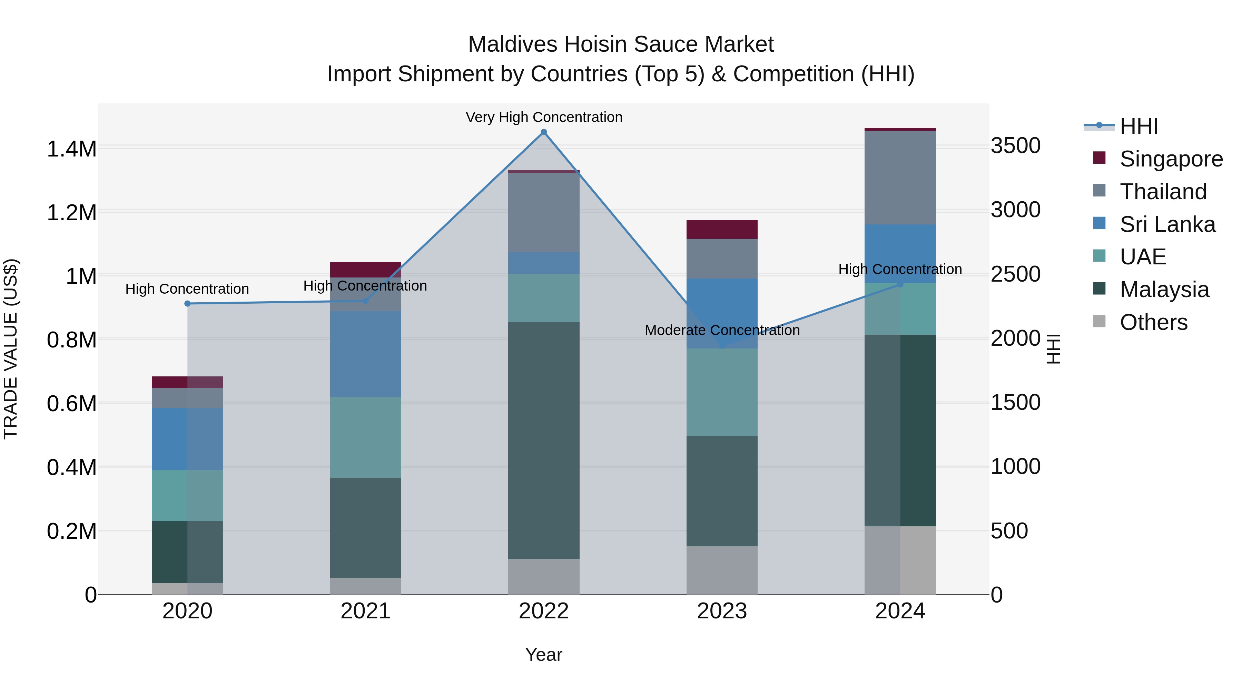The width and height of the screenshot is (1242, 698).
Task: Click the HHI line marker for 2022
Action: click(x=543, y=132)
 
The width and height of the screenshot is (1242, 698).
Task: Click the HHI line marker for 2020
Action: click(x=188, y=303)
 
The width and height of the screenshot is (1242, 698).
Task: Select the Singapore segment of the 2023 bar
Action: click(x=722, y=229)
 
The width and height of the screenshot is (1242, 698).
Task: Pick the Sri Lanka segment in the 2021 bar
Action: click(x=365, y=354)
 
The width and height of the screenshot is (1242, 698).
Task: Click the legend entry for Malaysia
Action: click(x=1164, y=290)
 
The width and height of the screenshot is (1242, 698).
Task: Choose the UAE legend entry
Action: click(x=1142, y=257)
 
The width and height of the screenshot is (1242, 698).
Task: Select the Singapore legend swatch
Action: click(x=1099, y=158)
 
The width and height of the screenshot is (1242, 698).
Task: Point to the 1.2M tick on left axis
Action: click(x=71, y=212)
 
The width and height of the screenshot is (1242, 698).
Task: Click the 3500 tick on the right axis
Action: click(x=1015, y=145)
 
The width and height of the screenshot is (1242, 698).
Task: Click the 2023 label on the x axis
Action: click(x=722, y=611)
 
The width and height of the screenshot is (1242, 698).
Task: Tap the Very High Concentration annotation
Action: click(x=544, y=117)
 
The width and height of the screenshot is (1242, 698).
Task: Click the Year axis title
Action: click(x=543, y=655)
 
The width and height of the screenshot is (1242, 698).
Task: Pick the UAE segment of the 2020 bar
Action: click(x=188, y=495)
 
